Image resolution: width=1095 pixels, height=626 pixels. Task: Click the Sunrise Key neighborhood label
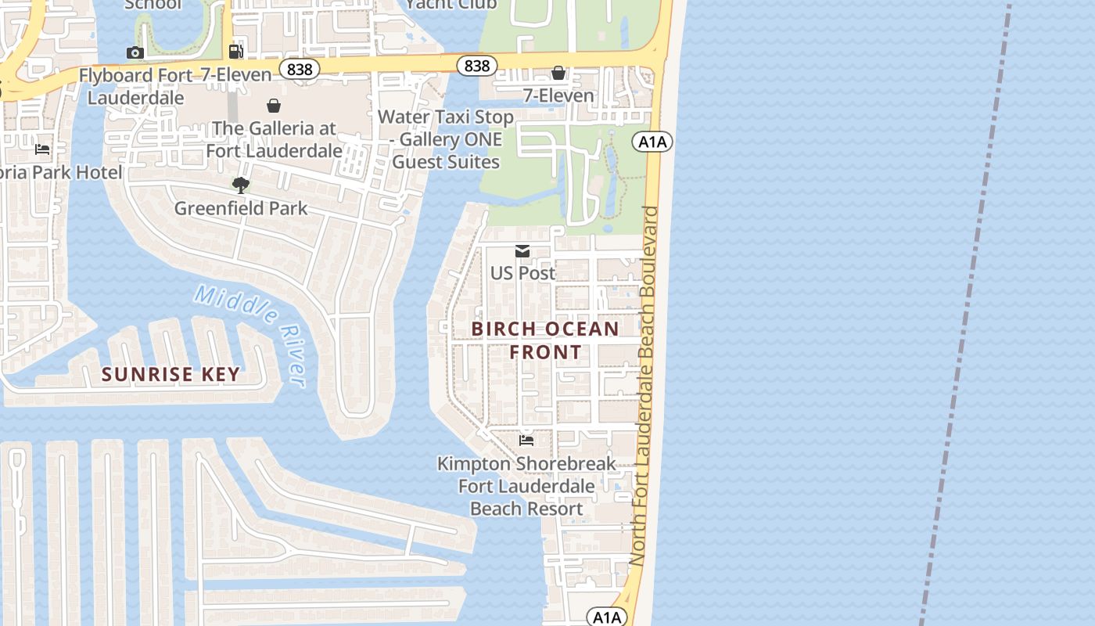171,374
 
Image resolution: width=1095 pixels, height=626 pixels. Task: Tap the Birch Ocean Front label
545,340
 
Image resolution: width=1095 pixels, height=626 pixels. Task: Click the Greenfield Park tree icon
241,185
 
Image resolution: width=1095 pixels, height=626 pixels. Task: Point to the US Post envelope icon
522,251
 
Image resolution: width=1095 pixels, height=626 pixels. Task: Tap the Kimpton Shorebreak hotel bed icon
526,441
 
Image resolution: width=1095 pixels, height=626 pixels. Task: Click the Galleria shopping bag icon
274,105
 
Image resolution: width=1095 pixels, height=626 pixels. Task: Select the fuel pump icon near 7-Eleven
235,52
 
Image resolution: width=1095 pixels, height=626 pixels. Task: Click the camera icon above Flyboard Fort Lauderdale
135,52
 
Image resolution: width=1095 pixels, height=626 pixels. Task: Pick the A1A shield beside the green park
652,142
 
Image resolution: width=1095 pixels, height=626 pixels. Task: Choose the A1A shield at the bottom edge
607,617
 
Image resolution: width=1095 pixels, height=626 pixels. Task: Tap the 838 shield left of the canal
300,70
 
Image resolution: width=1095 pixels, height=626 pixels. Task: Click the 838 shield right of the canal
476,66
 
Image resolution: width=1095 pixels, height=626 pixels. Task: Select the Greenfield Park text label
241,208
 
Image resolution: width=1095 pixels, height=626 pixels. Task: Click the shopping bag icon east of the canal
558,73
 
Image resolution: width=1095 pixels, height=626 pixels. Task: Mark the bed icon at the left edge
42,149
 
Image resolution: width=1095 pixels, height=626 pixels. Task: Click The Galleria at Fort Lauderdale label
274,139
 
